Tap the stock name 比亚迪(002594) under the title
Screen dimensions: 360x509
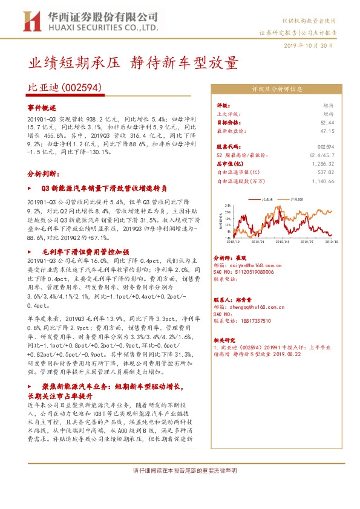[x=65, y=88]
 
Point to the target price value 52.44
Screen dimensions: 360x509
[x=327, y=122]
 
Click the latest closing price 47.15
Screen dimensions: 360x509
[x=327, y=131]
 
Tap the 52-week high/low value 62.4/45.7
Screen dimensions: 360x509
[x=321, y=155]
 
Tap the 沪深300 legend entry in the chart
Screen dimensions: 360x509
[x=298, y=198]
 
